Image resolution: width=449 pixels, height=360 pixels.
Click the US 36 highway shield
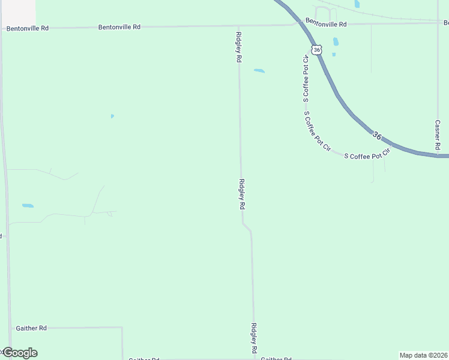coord(317,50)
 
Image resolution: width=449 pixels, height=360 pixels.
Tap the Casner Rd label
coord(438,135)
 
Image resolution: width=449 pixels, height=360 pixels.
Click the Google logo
coord(20,353)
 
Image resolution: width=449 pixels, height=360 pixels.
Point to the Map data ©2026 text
coord(424,355)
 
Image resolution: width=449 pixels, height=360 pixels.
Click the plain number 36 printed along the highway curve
coord(376,136)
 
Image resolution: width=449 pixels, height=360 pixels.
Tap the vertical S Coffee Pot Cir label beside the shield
coord(306,77)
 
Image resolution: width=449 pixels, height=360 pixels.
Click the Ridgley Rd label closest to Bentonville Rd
coord(238,47)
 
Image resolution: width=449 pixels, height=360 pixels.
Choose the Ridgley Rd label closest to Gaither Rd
coord(255,338)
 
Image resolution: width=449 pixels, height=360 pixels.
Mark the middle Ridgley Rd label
coord(242,194)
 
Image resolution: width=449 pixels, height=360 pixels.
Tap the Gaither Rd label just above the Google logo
coord(31,328)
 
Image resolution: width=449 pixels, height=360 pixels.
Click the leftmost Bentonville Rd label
coord(28,28)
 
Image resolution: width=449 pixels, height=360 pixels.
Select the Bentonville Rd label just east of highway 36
coord(326,23)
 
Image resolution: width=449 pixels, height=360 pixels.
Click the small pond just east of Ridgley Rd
coord(259,71)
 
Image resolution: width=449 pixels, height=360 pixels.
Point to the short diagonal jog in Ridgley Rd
coord(247,227)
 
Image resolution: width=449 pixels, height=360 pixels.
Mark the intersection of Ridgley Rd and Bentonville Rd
coord(238,26)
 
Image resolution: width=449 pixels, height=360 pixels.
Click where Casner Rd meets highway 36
coord(438,155)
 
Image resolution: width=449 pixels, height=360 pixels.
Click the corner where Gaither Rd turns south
coord(122,328)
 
